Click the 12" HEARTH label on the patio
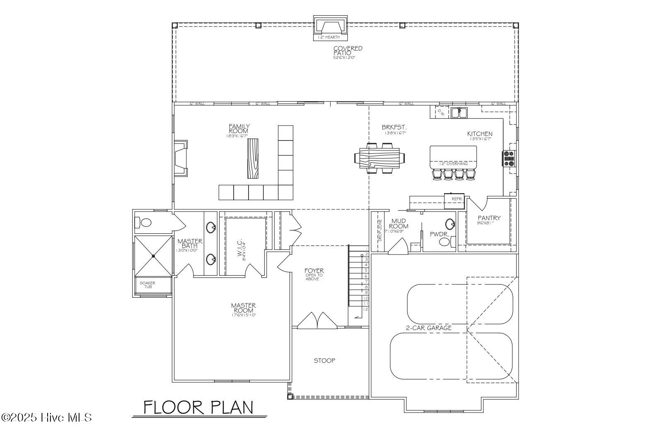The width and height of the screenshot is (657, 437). tap(329, 37)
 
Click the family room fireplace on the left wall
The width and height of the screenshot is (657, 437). tap(181, 158)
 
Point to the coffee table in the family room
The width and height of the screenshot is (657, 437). tap(253, 158)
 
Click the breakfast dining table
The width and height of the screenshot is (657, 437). tap(380, 158)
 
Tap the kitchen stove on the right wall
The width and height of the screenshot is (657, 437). tap(509, 158)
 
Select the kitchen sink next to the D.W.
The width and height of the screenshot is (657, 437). tap(459, 112)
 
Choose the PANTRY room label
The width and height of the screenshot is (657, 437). tap(489, 218)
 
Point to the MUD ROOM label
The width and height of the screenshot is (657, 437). tap(398, 224)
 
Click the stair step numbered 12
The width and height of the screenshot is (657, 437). tap(365, 309)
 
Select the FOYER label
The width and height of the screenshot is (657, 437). tap(314, 271)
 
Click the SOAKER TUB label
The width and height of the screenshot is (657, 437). tap(147, 285)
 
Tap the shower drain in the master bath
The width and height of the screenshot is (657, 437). tap(153, 256)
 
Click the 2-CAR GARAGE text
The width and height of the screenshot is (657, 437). tap(428, 328)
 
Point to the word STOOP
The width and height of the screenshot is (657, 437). tap(324, 361)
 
